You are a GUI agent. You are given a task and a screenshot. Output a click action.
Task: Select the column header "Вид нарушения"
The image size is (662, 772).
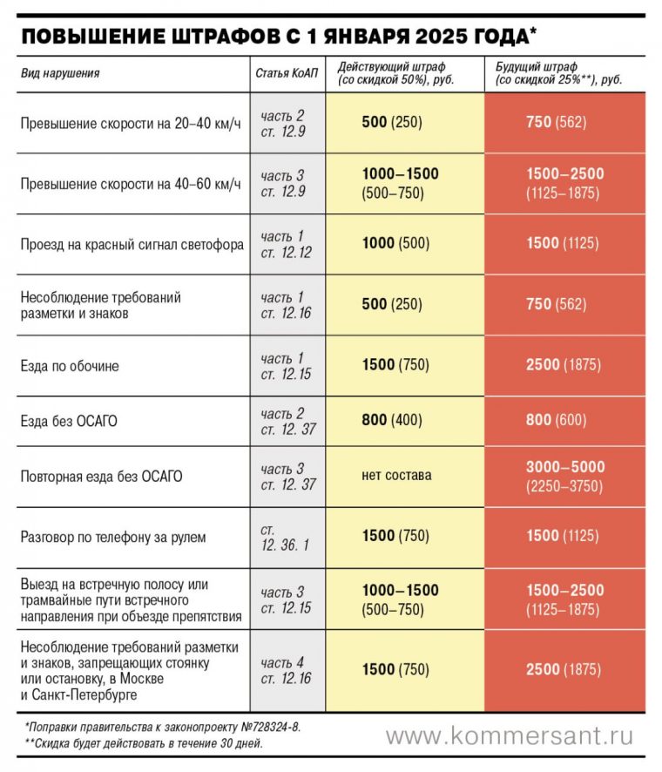tap(60, 73)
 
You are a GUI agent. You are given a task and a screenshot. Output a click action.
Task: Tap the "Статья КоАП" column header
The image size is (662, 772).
tap(286, 73)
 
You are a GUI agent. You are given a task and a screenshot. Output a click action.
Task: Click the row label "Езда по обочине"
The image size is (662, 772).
tap(70, 366)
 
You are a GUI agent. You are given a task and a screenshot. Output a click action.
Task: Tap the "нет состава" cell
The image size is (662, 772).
tap(396, 476)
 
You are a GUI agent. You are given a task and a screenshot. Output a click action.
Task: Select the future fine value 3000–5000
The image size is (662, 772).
tap(564, 467)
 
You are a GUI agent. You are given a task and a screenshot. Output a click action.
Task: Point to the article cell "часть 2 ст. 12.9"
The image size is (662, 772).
tap(283, 123)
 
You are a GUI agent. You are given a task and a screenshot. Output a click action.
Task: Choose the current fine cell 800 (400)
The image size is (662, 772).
tap(391, 421)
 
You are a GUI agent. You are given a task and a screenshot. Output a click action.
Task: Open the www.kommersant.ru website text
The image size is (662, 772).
tap(510, 736)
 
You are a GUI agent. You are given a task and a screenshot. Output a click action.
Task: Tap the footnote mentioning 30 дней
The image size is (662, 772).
tap(145, 743)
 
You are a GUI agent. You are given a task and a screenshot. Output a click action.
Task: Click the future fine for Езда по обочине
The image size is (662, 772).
tap(563, 365)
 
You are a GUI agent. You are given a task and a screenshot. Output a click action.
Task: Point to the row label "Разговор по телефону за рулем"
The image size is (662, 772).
tap(113, 537)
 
